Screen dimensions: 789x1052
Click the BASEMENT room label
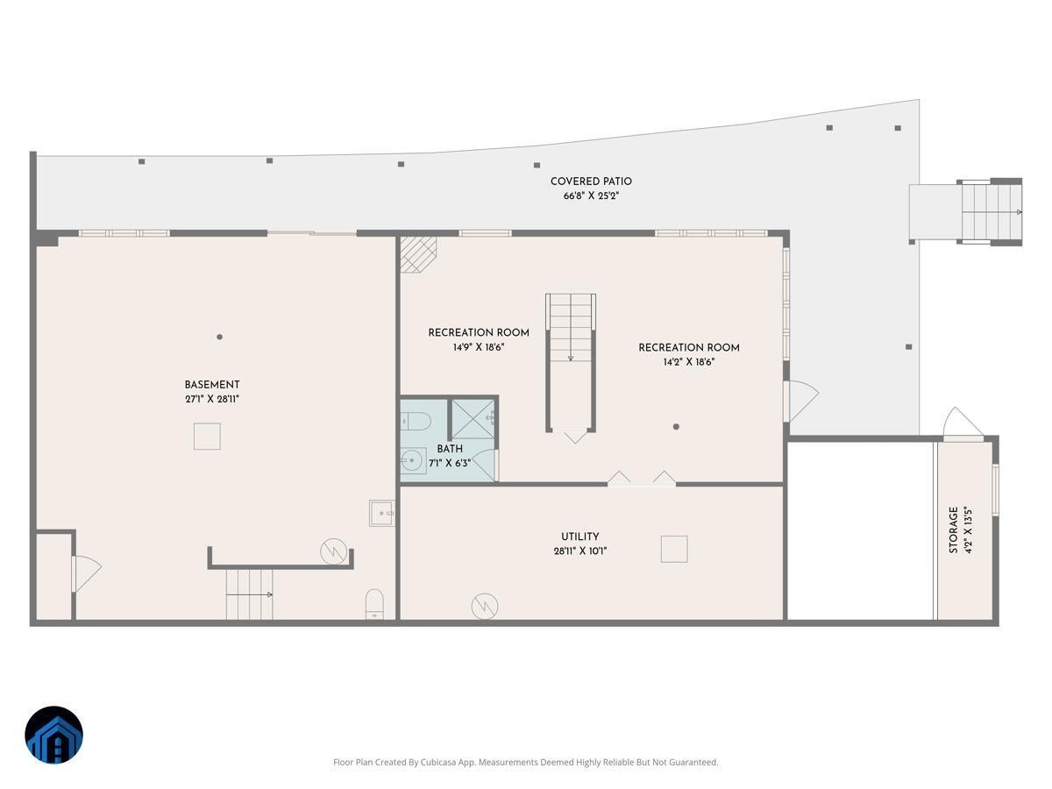212,385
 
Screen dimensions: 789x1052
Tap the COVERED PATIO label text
591,181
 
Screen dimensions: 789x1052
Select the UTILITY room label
580,537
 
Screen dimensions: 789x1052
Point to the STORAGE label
953,530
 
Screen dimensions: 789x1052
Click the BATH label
450,449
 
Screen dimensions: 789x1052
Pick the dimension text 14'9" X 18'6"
479,347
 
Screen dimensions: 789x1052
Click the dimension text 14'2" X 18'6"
689,361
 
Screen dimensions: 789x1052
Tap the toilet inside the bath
416,422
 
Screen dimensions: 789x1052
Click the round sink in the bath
413,459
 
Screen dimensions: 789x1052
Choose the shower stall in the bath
473,420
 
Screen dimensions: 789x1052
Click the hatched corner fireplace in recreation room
417,254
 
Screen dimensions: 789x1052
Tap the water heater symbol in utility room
484,605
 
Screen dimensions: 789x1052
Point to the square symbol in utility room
674,549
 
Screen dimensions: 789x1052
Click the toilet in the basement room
374,604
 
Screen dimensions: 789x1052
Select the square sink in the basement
381,513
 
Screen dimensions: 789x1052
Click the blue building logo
53,736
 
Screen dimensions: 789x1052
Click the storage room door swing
963,423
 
